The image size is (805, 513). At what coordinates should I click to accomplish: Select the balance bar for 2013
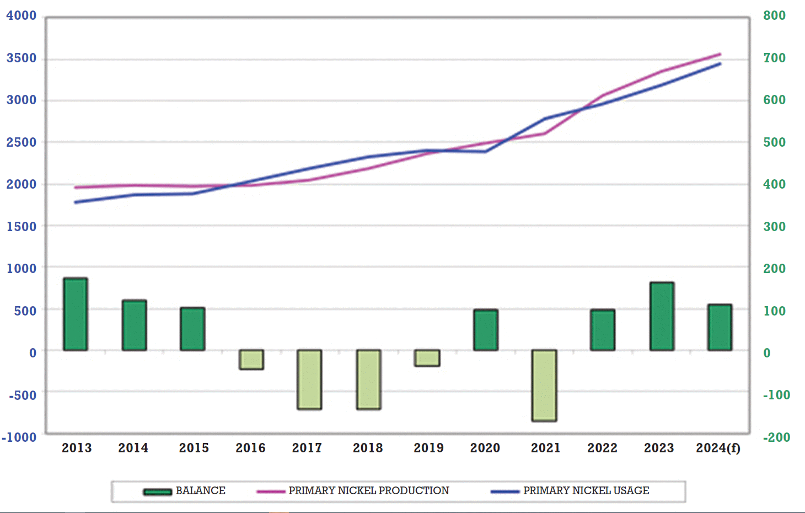click(x=76, y=314)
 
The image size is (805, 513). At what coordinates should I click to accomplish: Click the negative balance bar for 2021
click(x=544, y=386)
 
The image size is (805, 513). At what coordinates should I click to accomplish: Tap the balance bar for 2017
click(x=309, y=380)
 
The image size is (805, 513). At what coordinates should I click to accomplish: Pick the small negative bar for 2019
click(x=427, y=358)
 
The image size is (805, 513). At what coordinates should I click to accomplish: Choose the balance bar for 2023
click(x=662, y=317)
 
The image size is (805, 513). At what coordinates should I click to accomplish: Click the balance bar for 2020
click(x=486, y=330)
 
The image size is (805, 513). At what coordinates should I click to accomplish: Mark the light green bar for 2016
click(x=251, y=360)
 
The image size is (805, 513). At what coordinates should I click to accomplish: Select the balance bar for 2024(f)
click(x=720, y=328)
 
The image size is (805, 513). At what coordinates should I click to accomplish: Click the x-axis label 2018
click(x=368, y=448)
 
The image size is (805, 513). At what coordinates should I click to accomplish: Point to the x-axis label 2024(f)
click(x=718, y=448)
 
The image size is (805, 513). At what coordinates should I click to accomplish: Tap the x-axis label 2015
click(x=194, y=448)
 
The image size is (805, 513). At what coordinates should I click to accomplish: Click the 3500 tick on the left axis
click(x=22, y=58)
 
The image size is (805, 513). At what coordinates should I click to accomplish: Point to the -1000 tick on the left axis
click(x=19, y=437)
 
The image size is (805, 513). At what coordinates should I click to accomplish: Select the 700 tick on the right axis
click(x=774, y=58)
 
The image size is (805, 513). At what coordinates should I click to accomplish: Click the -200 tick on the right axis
click(x=776, y=437)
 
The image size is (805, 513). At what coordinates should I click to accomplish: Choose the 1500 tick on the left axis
click(x=22, y=227)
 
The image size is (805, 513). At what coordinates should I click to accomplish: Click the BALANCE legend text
click(x=201, y=490)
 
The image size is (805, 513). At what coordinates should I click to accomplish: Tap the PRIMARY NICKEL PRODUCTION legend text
click(x=369, y=490)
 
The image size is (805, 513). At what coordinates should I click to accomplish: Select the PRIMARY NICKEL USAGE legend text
click(x=586, y=490)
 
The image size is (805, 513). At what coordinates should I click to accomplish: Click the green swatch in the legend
click(x=158, y=491)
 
